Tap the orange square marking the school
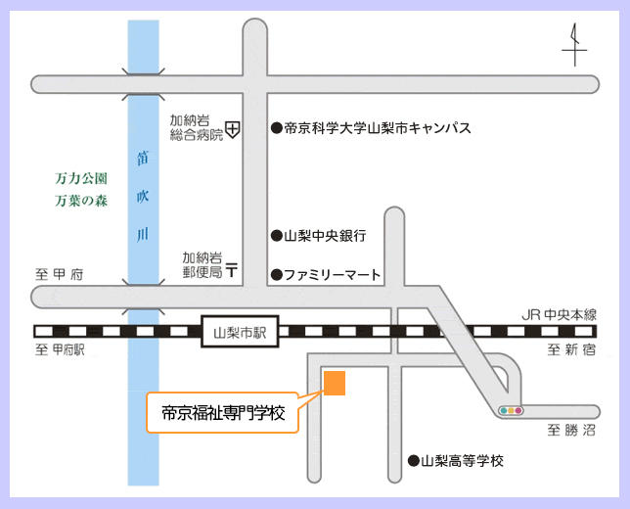tap(335, 383)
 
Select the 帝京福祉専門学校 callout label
tap(222, 414)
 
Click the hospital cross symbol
tap(233, 128)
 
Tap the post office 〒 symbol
tap(232, 269)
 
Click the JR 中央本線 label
tap(558, 315)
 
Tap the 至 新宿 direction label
tap(570, 350)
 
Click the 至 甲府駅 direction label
tap(61, 350)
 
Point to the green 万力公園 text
tap(81, 180)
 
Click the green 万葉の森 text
tap(81, 203)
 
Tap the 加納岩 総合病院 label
tap(196, 127)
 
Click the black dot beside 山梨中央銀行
tap(277, 236)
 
